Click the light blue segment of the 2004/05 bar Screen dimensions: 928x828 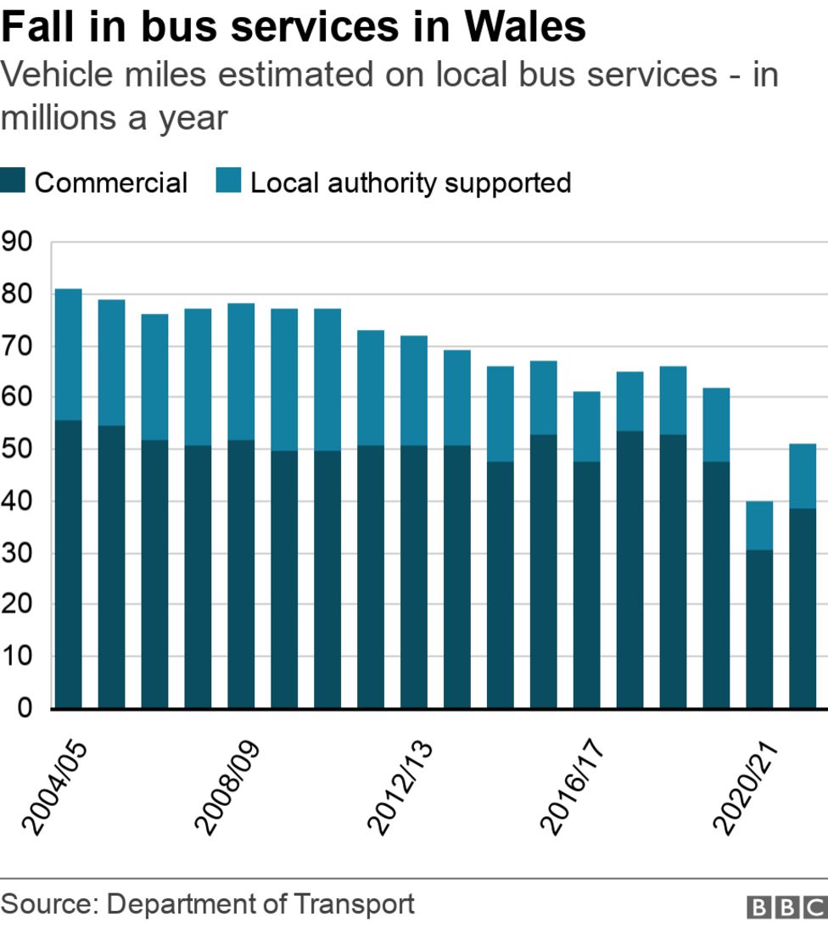[68, 355]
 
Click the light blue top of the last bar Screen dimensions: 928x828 [803, 476]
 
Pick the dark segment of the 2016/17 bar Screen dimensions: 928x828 [587, 585]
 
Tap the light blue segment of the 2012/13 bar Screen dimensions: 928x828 [414, 390]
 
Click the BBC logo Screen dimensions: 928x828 [786, 908]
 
